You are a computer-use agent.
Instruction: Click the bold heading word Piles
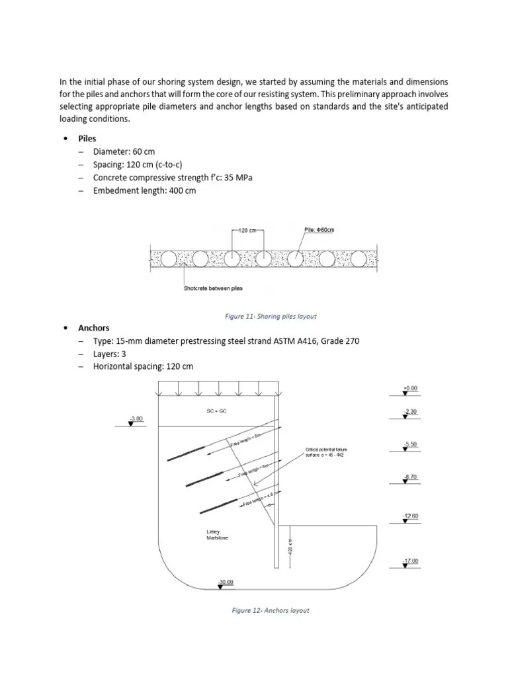pos(87,139)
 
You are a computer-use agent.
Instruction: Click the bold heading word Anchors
pos(94,328)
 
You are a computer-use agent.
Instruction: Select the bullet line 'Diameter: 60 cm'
pos(124,151)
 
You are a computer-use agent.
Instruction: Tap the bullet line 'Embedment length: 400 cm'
pos(144,190)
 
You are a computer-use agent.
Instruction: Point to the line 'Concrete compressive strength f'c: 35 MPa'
pos(173,178)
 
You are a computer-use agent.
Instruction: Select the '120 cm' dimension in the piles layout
pos(247,231)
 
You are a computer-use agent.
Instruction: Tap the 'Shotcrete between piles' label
pos(213,288)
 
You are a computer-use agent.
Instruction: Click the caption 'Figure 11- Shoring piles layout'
pos(271,316)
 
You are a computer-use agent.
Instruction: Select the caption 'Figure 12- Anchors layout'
pos(270,610)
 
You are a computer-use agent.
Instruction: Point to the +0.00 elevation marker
pos(410,389)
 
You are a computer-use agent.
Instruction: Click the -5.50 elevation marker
pos(410,444)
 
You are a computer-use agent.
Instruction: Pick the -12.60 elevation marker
pos(410,516)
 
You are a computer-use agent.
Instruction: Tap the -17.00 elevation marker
pos(410,561)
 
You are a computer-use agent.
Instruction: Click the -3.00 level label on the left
pos(136,419)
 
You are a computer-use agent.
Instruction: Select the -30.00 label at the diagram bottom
pos(225,582)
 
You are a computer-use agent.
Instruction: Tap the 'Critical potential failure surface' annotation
pos(326,453)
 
